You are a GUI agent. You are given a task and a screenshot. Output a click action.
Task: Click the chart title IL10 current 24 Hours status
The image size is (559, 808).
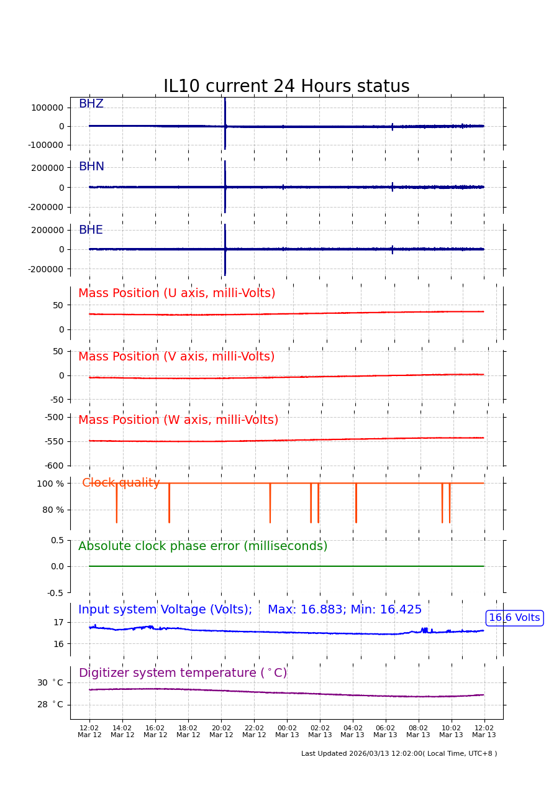(x=286, y=86)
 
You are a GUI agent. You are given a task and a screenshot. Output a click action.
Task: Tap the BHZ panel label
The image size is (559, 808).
(x=91, y=104)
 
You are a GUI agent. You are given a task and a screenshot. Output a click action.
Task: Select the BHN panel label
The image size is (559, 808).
(x=91, y=167)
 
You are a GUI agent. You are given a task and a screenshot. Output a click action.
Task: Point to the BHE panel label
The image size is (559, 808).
(x=91, y=231)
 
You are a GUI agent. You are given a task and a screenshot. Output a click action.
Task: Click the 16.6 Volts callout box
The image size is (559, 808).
(x=514, y=618)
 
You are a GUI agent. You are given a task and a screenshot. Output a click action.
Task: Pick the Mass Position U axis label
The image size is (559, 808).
(x=176, y=293)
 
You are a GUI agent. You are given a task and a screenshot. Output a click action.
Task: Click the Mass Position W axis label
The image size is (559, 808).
(x=178, y=420)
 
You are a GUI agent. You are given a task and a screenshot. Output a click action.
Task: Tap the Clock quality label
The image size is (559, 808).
(x=121, y=483)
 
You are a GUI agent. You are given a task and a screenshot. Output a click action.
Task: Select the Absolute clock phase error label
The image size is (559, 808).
(x=202, y=546)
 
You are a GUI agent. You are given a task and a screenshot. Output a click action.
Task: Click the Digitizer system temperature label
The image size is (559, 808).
(x=183, y=673)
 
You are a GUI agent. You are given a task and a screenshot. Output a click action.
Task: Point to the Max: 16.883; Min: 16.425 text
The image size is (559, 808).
(x=345, y=610)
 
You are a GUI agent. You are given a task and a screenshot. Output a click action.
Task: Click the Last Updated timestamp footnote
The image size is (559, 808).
(x=399, y=754)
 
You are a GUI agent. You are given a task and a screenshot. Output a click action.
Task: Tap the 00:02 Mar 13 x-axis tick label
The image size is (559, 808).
(x=287, y=732)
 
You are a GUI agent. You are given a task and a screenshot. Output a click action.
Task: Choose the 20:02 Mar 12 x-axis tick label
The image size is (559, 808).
(x=221, y=732)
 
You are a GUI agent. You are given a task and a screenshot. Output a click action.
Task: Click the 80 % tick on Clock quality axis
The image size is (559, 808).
(x=53, y=510)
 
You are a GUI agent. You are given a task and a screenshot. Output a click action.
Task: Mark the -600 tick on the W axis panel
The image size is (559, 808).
(x=54, y=466)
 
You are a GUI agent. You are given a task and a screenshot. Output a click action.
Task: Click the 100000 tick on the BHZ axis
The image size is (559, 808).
(x=47, y=108)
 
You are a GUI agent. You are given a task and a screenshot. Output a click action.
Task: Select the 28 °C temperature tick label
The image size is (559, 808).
(x=50, y=705)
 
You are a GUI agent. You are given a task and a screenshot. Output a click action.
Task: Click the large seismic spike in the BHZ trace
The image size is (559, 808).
(x=225, y=124)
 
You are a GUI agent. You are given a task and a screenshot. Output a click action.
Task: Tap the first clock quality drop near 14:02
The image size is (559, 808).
(x=116, y=503)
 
